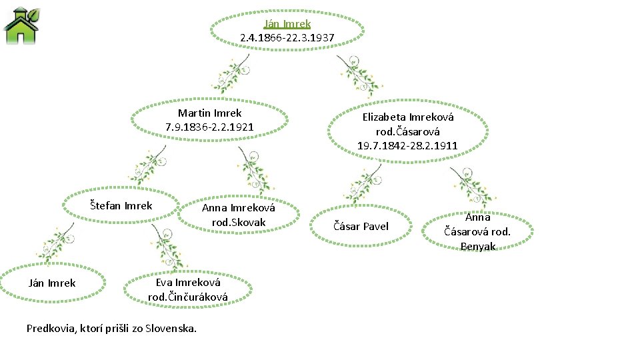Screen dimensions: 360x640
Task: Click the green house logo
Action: coord(21,25)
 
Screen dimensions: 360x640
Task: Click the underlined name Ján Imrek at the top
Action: coord(287,23)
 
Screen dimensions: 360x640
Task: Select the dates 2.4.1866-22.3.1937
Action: coord(287,37)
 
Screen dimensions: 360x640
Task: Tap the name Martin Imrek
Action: coord(209,113)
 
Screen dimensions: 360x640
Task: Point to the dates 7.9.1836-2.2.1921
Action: coord(209,127)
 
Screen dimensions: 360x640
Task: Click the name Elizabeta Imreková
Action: coord(407,117)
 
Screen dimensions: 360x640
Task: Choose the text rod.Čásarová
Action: coord(407,131)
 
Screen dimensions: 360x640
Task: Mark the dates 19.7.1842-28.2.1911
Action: coord(407,145)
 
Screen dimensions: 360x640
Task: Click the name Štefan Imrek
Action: coord(121,205)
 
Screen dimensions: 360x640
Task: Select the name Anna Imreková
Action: coord(238,208)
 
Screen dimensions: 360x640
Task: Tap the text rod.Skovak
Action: coord(238,222)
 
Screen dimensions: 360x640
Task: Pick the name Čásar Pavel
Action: coord(361,227)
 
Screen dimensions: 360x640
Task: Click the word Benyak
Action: coord(478,247)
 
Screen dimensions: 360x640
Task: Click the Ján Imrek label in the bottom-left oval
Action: coord(52,283)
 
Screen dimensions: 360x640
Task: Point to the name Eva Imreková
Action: coord(187,282)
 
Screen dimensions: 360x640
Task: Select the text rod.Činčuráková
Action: coord(187,297)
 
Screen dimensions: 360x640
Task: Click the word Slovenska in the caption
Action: coord(171,328)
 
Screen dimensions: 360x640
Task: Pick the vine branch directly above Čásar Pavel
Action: coord(365,183)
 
